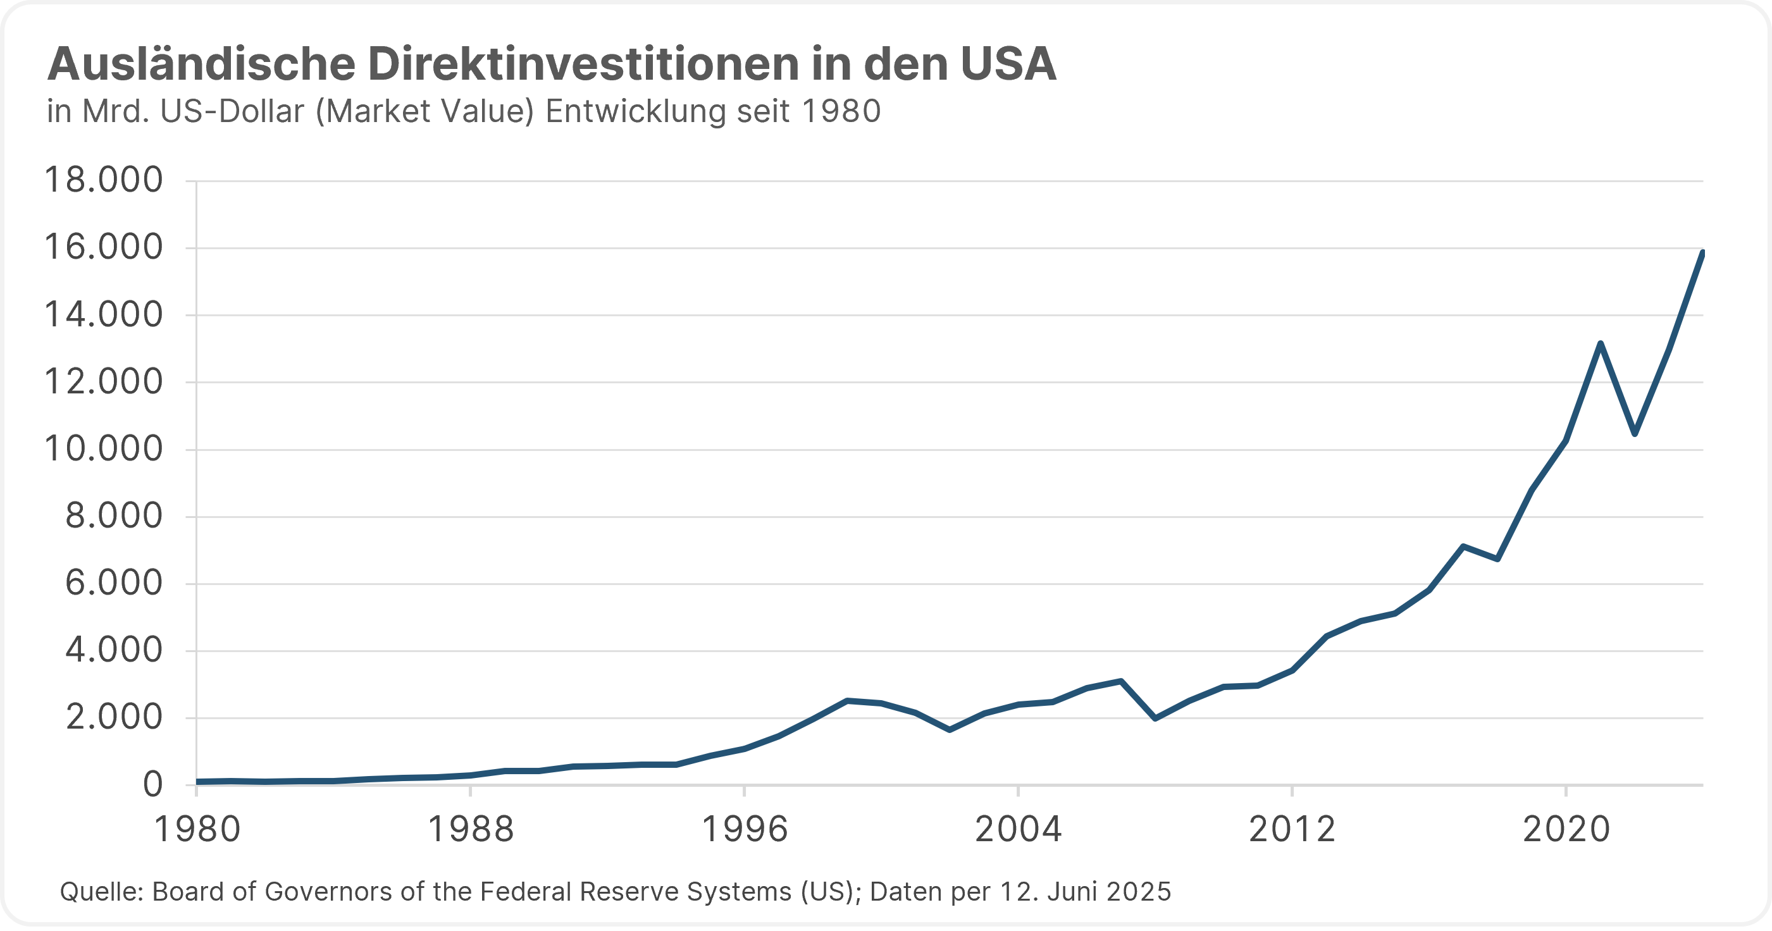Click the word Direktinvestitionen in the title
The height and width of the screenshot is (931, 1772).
583,64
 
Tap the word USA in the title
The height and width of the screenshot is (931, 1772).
1008,64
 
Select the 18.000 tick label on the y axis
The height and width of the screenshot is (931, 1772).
104,180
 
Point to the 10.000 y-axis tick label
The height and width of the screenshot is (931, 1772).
104,449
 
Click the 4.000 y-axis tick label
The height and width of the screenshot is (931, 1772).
114,650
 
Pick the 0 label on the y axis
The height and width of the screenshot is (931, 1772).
152,784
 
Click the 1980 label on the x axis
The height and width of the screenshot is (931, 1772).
197,829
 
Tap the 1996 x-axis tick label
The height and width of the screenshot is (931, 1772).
745,829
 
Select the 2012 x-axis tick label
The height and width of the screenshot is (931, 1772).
1292,829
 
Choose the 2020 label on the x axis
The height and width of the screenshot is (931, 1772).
1566,829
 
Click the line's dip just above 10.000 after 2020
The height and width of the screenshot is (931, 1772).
1635,434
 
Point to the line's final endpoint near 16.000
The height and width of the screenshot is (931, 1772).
1702,252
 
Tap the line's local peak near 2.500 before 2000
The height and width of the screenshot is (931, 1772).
848,701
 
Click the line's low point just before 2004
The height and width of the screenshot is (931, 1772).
950,729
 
